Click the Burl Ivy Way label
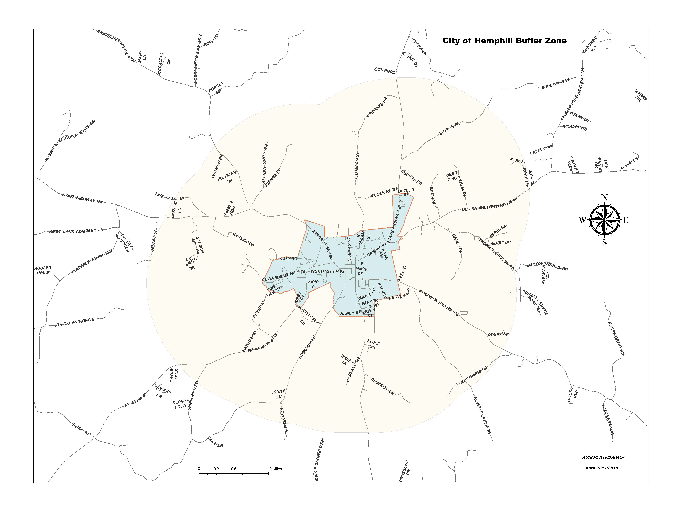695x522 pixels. coord(556,84)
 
